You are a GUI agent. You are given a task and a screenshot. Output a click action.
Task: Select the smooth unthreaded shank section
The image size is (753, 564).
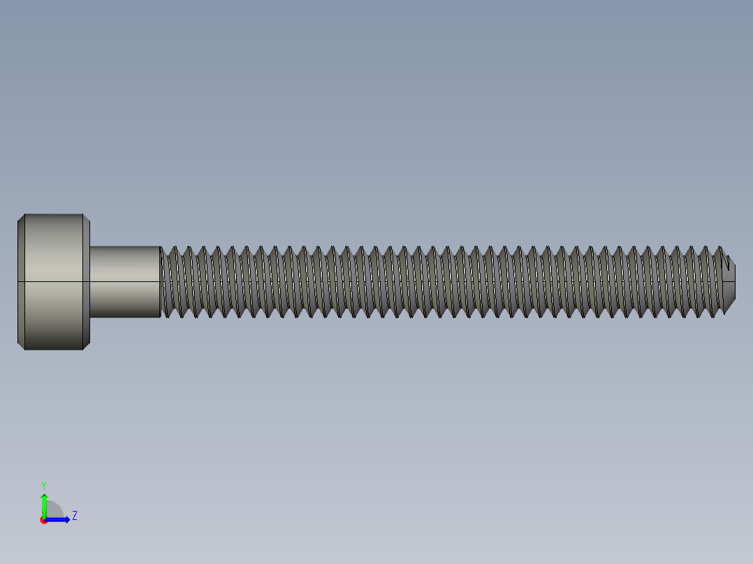(x=125, y=281)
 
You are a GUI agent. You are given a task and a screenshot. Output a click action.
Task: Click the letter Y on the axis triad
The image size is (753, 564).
(x=43, y=484)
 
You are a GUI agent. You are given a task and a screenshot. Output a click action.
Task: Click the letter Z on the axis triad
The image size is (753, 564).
(x=74, y=516)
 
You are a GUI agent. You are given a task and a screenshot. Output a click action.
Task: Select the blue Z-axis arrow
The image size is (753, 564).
(x=60, y=519)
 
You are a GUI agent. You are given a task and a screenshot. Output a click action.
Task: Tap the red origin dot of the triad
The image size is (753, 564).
(x=43, y=520)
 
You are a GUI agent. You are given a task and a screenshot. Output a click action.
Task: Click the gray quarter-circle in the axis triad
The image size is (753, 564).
(x=54, y=511)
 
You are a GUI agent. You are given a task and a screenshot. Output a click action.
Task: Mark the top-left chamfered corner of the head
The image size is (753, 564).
(x=22, y=217)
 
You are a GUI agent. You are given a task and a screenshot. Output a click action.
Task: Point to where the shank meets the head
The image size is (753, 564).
(x=90, y=281)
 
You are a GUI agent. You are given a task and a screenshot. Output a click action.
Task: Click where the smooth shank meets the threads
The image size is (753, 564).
(x=161, y=281)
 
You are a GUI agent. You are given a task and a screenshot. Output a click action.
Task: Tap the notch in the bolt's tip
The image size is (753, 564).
(x=729, y=265)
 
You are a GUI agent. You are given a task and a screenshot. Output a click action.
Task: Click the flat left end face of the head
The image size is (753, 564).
(x=18, y=281)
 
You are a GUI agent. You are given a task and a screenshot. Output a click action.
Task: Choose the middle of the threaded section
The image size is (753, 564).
(x=444, y=281)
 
